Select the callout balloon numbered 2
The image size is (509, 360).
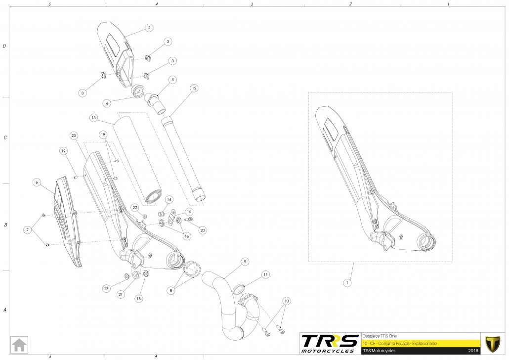pyautogui.click(x=149, y=28)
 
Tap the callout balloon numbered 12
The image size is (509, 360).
pyautogui.click(x=194, y=88)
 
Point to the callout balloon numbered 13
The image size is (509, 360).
pyautogui.click(x=93, y=118)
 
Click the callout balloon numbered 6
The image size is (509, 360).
pyautogui.click(x=36, y=181)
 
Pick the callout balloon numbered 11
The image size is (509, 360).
pyautogui.click(x=266, y=274)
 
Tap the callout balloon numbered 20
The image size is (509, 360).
pyautogui.click(x=203, y=230)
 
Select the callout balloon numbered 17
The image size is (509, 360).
pyautogui.click(x=106, y=288)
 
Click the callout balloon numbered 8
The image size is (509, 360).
pyautogui.click(x=171, y=291)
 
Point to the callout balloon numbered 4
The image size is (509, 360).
pyautogui.click(x=107, y=103)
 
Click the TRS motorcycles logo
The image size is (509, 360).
pyautogui.click(x=330, y=343)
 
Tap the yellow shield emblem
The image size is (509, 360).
pyautogui.click(x=493, y=343)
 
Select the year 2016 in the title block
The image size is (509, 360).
pyautogui.click(x=473, y=351)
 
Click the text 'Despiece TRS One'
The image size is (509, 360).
pyautogui.click(x=379, y=334)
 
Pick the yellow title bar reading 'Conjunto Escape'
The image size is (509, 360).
pyautogui.click(x=420, y=343)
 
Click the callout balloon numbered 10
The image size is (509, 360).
pyautogui.click(x=286, y=301)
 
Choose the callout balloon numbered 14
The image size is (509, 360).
pyautogui.click(x=169, y=199)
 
